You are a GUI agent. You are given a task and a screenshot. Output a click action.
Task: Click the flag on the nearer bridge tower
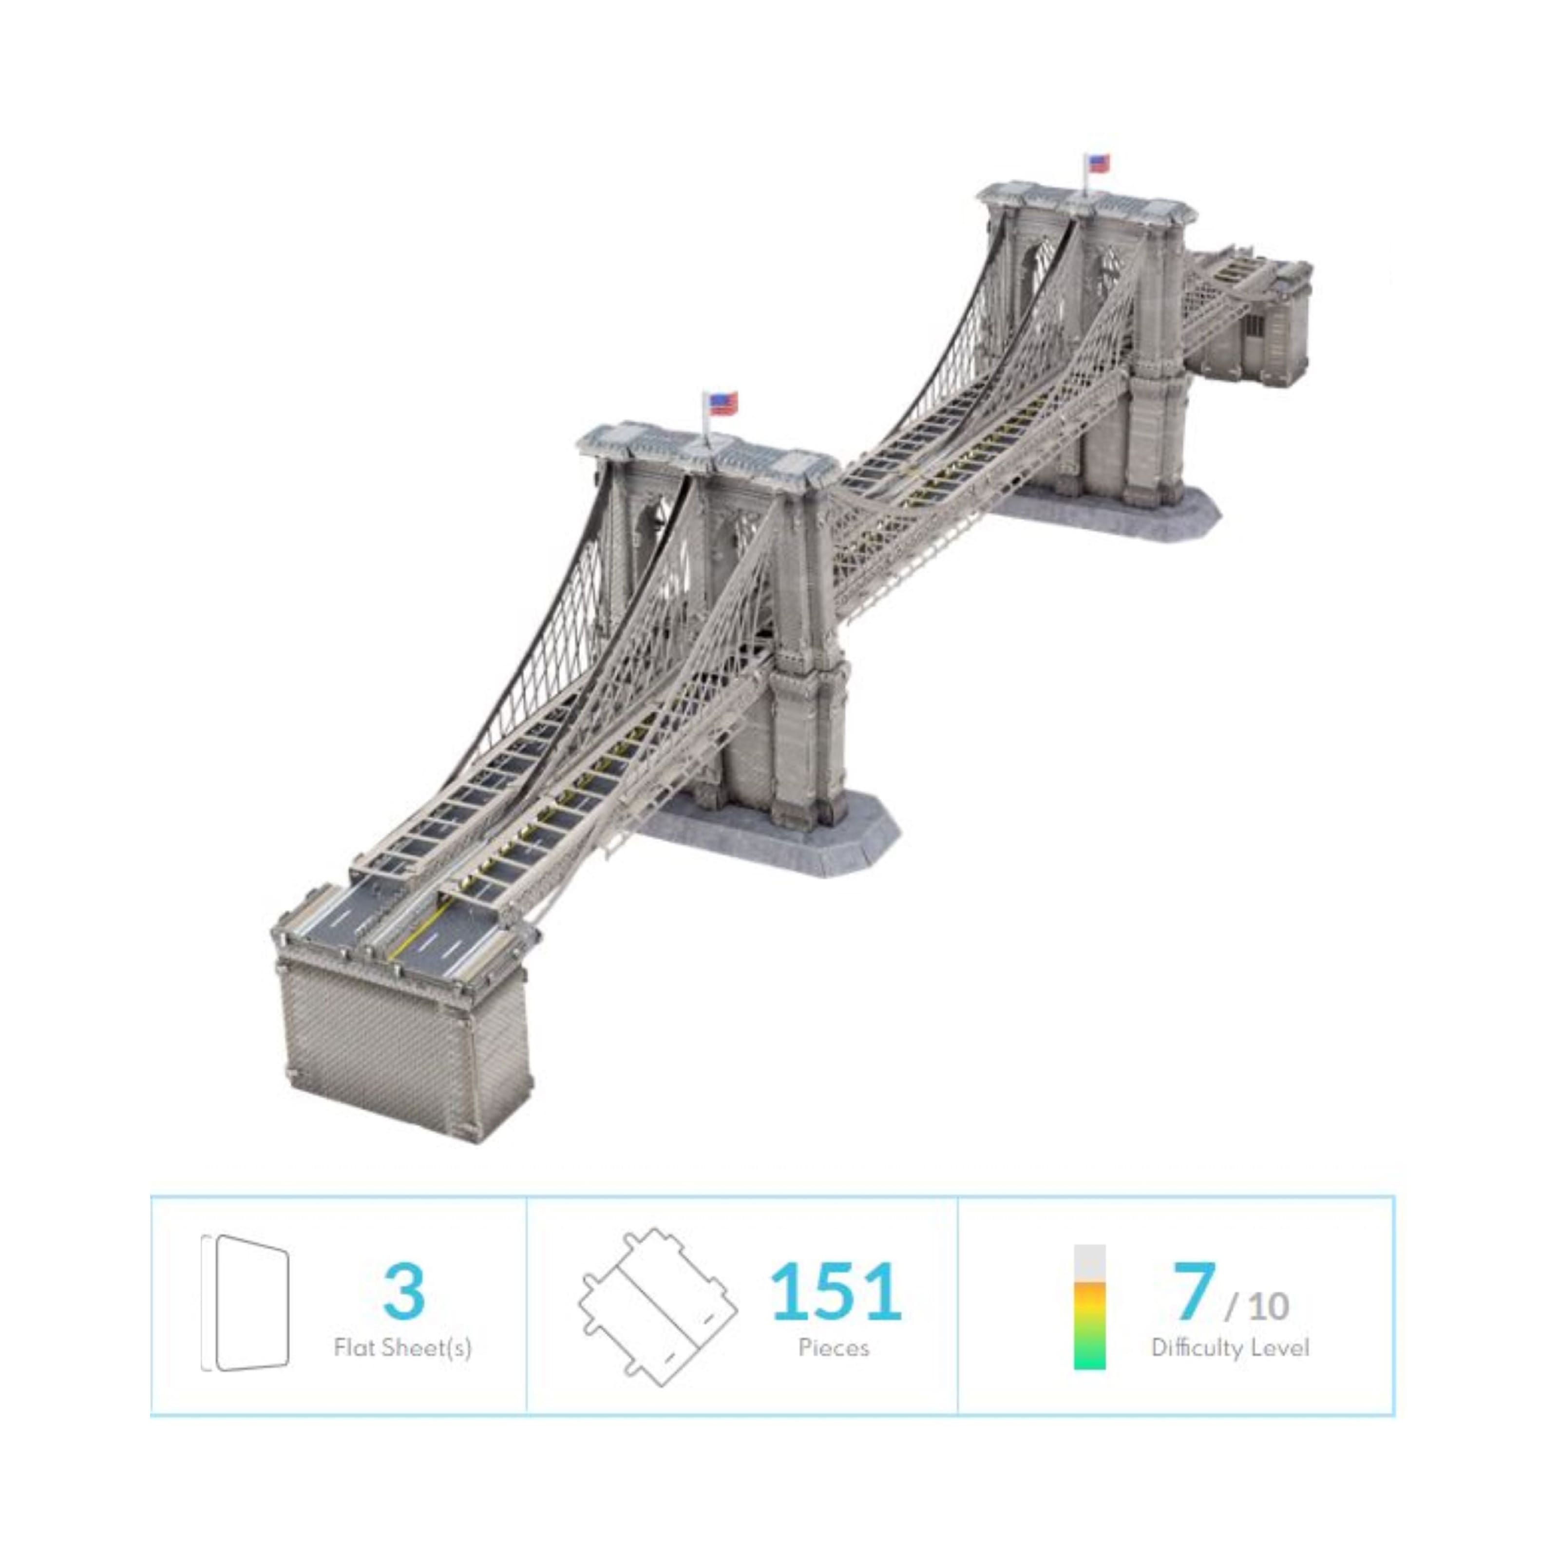pyautogui.click(x=723, y=403)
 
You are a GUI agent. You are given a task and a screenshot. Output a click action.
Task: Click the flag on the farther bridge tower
pyautogui.click(x=1098, y=163)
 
